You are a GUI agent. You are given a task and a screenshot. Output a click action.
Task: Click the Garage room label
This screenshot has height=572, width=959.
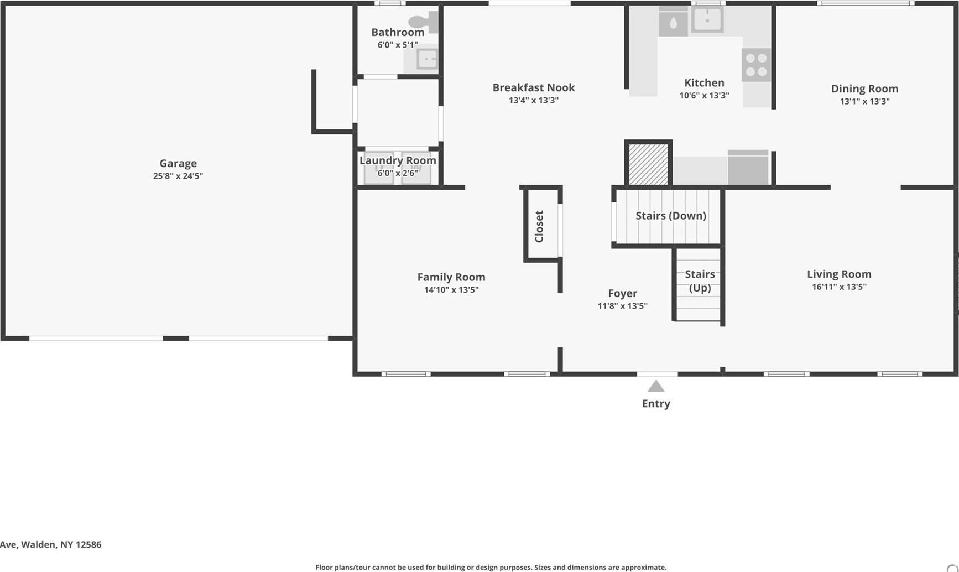click(178, 163)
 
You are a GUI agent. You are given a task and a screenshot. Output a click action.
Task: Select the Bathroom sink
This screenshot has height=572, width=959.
click(427, 59)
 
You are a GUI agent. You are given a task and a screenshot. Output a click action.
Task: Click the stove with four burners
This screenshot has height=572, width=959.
click(756, 65)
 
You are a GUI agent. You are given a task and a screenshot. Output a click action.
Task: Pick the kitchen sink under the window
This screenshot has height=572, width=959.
click(707, 20)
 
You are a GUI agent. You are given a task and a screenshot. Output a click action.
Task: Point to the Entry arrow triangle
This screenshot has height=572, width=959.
click(656, 386)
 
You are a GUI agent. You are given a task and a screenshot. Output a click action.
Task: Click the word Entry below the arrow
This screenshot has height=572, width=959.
click(656, 404)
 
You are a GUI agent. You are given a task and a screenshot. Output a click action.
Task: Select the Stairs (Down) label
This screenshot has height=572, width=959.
click(670, 216)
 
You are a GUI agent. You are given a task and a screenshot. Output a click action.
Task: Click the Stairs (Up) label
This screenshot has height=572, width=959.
click(700, 281)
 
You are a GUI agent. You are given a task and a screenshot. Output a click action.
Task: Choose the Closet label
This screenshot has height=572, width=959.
click(539, 226)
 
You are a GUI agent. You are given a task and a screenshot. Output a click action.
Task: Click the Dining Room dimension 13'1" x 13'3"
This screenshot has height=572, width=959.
click(864, 101)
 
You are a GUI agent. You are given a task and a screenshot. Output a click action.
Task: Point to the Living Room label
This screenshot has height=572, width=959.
click(838, 274)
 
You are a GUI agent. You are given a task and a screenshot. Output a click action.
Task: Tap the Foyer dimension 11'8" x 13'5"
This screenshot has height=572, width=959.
click(622, 306)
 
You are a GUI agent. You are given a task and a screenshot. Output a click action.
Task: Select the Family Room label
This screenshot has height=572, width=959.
click(451, 277)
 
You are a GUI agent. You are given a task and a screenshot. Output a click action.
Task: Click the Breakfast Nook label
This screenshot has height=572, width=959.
click(533, 87)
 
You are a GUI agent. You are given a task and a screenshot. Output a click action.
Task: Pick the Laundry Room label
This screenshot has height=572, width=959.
click(398, 160)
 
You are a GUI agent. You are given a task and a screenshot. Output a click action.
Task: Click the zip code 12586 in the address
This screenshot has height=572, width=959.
click(88, 544)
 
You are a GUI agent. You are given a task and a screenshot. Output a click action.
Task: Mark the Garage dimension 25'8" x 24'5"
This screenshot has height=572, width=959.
click(178, 176)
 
